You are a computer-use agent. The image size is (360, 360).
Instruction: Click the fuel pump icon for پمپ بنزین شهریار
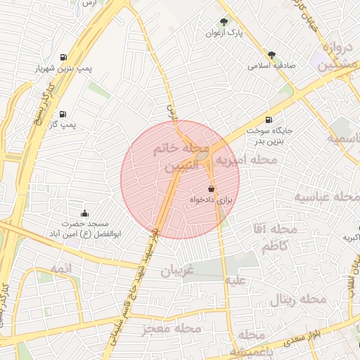click(65, 57)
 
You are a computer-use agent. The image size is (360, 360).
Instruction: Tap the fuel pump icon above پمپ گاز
click(63, 114)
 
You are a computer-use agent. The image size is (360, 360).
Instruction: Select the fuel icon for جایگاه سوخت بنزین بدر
click(269, 120)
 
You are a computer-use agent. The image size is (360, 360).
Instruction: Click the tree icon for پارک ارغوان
click(224, 22)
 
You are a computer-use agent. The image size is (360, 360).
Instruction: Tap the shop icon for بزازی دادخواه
click(211, 189)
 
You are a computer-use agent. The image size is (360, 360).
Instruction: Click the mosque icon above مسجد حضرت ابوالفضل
click(85, 213)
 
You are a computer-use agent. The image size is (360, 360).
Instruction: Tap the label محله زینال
click(298, 300)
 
